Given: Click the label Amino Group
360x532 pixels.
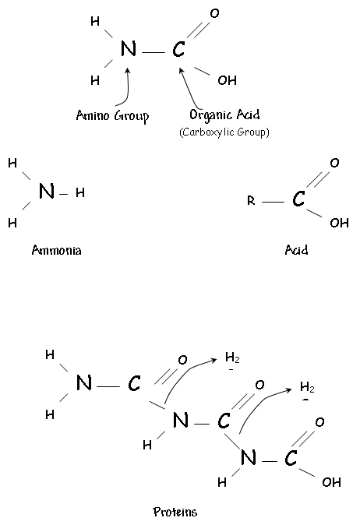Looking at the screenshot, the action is coord(112,116).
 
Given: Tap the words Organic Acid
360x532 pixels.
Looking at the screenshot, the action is coord(224,115).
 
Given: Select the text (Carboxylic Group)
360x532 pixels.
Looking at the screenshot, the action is coord(224,132).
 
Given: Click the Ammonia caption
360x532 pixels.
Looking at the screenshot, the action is coord(56,250).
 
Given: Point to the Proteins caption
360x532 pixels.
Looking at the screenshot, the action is coord(175,512).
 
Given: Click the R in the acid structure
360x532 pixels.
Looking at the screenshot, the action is coord(251,201).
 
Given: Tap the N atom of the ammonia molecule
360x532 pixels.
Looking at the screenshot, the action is coord(47,191).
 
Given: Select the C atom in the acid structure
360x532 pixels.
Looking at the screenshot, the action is coord(298,199).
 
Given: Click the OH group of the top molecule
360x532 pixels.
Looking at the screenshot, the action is coord(227,80).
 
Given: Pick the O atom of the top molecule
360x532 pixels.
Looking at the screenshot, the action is coord(214,13).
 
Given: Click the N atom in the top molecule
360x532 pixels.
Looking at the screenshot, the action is coord(129,48).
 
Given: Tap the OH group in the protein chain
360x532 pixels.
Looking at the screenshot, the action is coord(331,482).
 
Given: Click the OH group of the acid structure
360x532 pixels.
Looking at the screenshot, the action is coord(339,223).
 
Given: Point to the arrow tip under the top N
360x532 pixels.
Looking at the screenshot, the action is coord(128,69).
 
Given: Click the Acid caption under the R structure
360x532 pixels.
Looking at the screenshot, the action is coord(297,250).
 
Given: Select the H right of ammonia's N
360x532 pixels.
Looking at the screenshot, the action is coord(80,192).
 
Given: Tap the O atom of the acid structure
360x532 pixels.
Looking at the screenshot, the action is coord(334,163).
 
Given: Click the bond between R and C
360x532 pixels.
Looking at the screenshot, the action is coord(274,202).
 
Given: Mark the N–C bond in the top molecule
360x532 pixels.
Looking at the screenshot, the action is coord(154,53).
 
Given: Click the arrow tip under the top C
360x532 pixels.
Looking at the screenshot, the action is coord(180,69).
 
